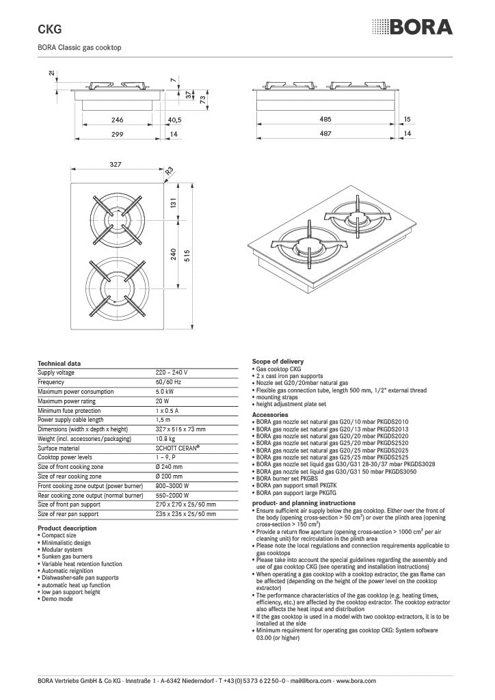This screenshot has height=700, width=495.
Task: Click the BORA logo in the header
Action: click(x=412, y=27)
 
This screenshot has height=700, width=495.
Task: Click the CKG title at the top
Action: click(x=49, y=29)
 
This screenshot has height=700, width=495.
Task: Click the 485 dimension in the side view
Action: click(x=325, y=119)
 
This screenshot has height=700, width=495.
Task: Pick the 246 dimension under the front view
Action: click(x=117, y=120)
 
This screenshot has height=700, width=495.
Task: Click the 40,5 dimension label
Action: click(x=174, y=120)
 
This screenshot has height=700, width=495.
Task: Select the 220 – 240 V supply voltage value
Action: click(x=172, y=373)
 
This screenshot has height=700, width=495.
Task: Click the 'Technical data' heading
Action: click(x=59, y=363)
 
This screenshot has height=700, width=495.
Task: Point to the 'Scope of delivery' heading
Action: click(x=278, y=361)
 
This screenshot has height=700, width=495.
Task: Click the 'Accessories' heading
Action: click(x=271, y=414)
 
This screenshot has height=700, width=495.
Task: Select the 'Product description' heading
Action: click(x=67, y=528)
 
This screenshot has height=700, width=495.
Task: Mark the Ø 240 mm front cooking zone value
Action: click(x=170, y=466)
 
